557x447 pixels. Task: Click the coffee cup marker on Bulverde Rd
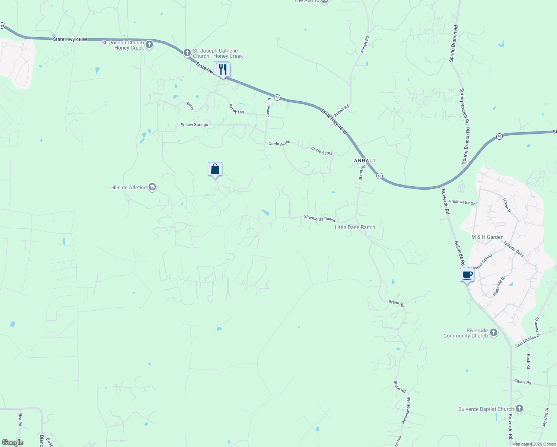tap(467, 275)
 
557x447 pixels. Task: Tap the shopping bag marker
tap(215, 169)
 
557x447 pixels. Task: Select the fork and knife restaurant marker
tap(223, 69)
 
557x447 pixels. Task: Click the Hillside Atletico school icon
tap(152, 187)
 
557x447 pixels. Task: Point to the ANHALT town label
tap(365, 161)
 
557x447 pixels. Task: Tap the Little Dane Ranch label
tap(355, 227)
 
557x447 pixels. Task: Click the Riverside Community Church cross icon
tap(494, 333)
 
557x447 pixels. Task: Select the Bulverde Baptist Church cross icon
tap(519, 409)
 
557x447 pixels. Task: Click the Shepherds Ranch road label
tap(319, 218)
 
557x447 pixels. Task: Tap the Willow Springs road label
tap(194, 125)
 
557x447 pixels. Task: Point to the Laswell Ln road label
tap(268, 108)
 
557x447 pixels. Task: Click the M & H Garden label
tap(487, 237)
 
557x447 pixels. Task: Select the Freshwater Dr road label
tap(462, 203)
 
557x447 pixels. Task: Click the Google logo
tap(12, 442)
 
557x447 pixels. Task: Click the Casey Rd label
tap(522, 382)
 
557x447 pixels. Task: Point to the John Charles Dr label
tap(527, 341)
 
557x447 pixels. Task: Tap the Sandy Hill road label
tap(236, 109)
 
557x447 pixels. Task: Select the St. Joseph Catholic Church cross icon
tap(187, 53)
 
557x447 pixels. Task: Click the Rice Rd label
tap(20, 419)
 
